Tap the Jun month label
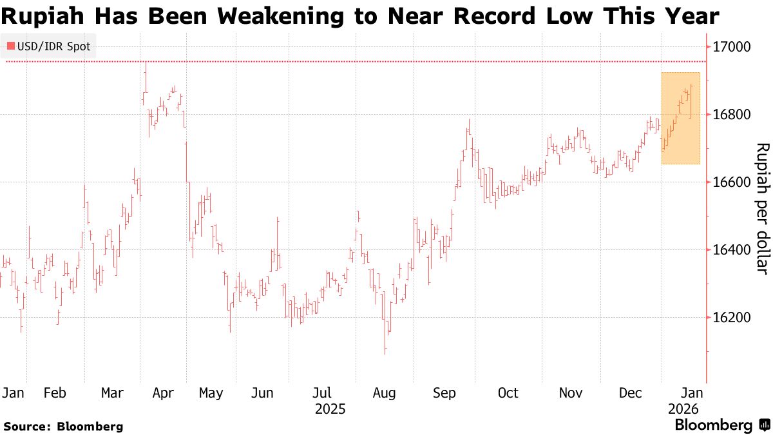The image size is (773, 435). click(263, 393)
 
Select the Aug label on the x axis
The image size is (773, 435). click(384, 393)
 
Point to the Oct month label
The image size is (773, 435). click(508, 393)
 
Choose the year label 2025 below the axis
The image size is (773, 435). click(330, 409)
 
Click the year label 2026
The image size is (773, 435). click(683, 409)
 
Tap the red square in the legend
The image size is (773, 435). click(11, 46)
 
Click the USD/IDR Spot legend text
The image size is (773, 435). click(54, 46)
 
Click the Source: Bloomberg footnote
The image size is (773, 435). click(63, 426)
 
